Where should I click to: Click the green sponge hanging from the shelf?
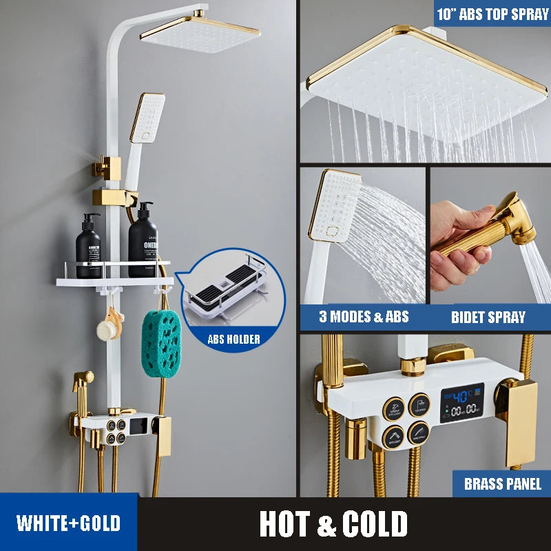pyautogui.click(x=161, y=342)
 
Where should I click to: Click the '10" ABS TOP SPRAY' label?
pyautogui.click(x=492, y=14)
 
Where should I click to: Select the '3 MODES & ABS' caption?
pyautogui.click(x=364, y=317)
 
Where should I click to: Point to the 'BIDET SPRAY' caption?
pyautogui.click(x=488, y=318)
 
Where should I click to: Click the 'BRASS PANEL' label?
pyautogui.click(x=503, y=484)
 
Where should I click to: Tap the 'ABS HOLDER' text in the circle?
pyautogui.click(x=233, y=339)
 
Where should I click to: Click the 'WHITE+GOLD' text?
pyautogui.click(x=68, y=523)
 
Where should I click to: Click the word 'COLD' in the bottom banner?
pyautogui.click(x=376, y=524)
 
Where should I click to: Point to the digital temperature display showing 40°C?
pyautogui.click(x=461, y=398)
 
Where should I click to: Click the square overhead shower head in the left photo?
pyautogui.click(x=200, y=32)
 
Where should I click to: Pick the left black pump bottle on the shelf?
pyautogui.click(x=88, y=247)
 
